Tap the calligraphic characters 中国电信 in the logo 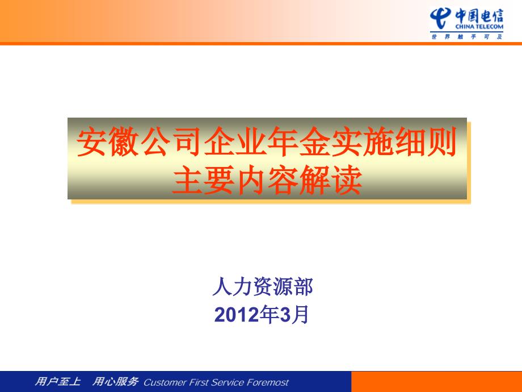pyautogui.click(x=479, y=16)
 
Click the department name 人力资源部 pyautogui.click(x=263, y=286)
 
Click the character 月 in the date pyautogui.click(x=300, y=315)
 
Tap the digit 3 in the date pyautogui.click(x=285, y=315)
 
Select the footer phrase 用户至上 pyautogui.click(x=58, y=381)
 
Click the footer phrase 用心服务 pyautogui.click(x=115, y=381)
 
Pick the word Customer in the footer pyautogui.click(x=166, y=382)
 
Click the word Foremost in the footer pyautogui.click(x=268, y=382)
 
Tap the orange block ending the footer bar pyautogui.click(x=436, y=381)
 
